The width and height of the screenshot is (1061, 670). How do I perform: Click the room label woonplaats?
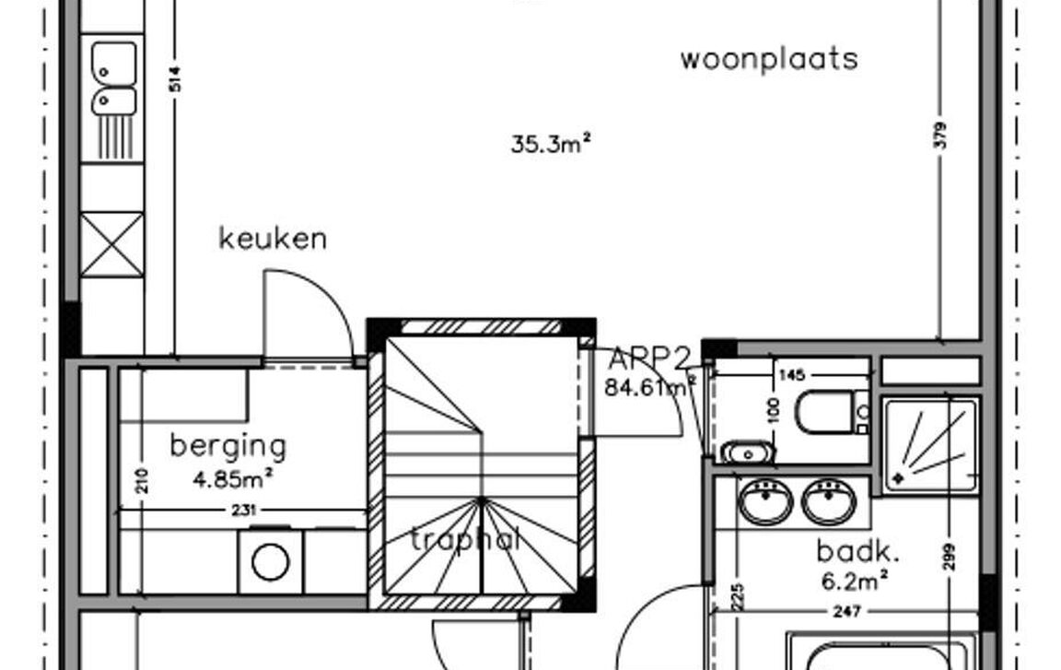pos(769,59)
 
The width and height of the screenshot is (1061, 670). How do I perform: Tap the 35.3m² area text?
pos(550,144)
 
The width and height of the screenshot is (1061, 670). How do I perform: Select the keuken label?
pos(273,239)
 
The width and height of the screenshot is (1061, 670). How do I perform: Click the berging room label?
pos(228,446)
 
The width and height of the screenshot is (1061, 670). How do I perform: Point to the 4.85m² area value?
pos(233,478)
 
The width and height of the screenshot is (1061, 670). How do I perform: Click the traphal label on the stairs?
pos(465,538)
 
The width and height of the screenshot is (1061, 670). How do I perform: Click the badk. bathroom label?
pos(858,552)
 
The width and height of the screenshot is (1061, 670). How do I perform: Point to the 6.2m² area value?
pos(856,581)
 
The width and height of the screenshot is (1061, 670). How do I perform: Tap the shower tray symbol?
pos(930,445)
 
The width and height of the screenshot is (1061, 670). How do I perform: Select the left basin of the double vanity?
pos(765,501)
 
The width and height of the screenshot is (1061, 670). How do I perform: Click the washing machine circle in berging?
pos(271,561)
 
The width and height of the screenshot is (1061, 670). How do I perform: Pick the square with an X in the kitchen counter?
pos(111,244)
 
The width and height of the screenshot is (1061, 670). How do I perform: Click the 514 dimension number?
pos(175,80)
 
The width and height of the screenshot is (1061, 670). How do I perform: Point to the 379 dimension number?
pos(939,135)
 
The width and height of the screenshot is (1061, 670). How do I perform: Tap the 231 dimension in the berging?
pos(244,510)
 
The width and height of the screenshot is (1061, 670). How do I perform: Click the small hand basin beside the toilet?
pos(747,453)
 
